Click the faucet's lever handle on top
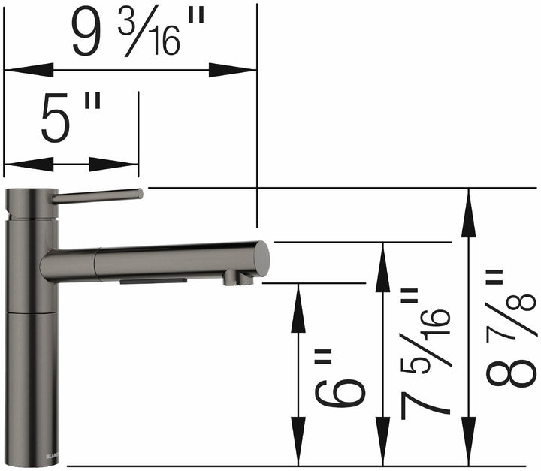98,195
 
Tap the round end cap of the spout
261,258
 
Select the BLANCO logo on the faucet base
53,455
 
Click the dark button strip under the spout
153,280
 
